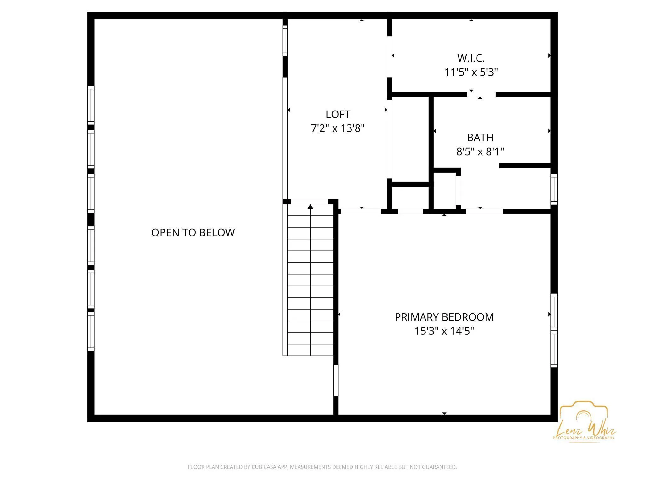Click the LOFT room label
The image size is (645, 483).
coord(338,114)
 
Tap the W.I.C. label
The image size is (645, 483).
coord(471,58)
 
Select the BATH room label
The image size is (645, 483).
coord(480,138)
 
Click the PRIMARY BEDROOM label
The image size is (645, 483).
coord(444,317)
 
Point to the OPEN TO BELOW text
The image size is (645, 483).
coord(193,232)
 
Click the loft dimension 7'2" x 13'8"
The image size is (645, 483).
coord(338,128)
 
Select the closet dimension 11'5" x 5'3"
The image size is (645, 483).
coord(471,72)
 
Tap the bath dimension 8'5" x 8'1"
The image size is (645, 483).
coord(480,152)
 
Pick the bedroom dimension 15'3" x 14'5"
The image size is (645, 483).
coord(444,331)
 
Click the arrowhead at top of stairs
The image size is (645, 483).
coord(310,207)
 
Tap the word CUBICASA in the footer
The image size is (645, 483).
coord(265,467)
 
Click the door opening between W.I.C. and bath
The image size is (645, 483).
coord(481,94)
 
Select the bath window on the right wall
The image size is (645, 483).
coord(554,189)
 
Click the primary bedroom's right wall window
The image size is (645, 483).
coord(554,331)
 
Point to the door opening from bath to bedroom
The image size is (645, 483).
coord(484,211)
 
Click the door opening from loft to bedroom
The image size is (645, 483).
coord(361,211)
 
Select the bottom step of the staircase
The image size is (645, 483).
coord(310,350)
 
